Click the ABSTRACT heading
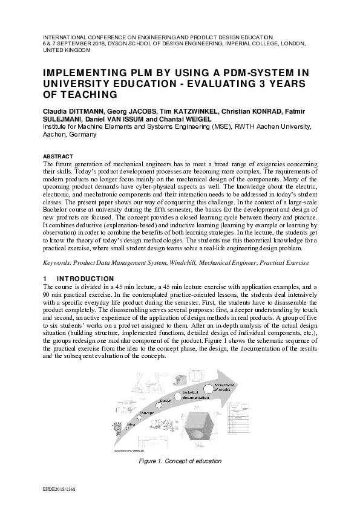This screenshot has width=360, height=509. [56, 155]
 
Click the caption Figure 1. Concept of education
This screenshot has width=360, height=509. [180, 461]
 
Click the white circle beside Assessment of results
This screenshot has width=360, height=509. [209, 387]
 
